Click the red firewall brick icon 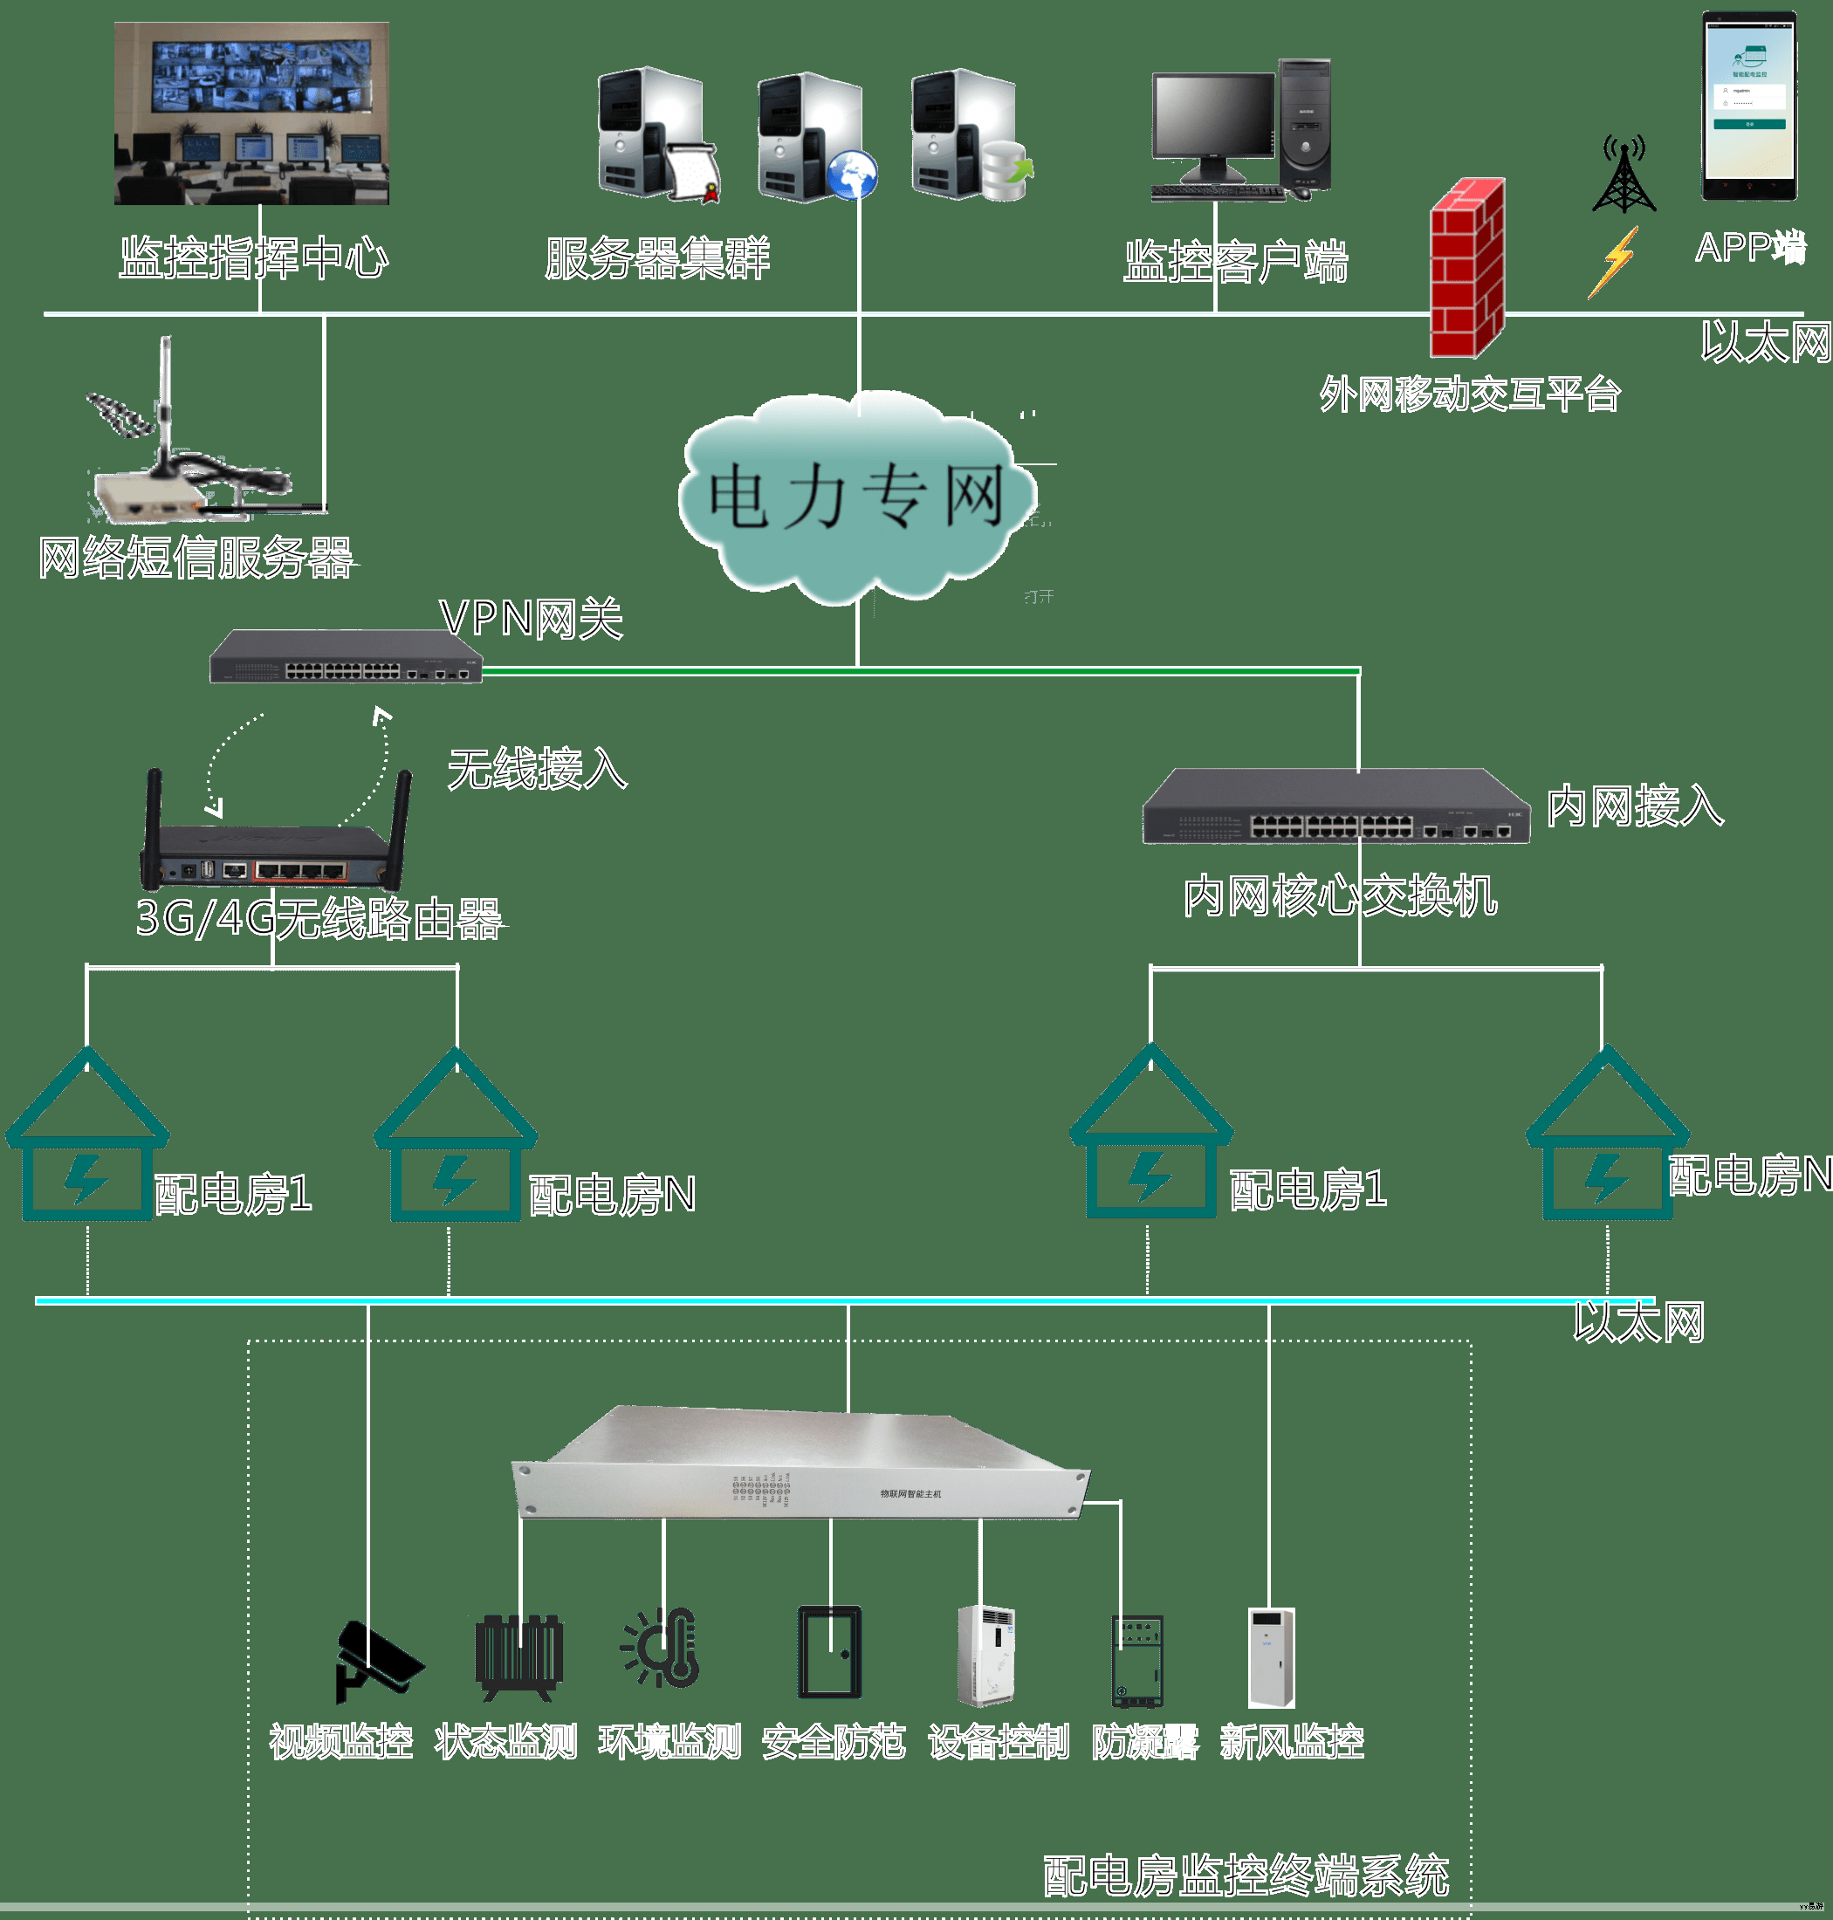(x=1466, y=268)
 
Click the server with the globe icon (x=816, y=138)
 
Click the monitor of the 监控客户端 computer (x=1214, y=118)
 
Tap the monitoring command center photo (x=252, y=113)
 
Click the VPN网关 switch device (x=346, y=656)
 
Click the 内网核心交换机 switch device (x=1335, y=807)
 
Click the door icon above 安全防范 (x=828, y=1652)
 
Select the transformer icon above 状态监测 (x=518, y=1656)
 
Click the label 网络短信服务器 (x=196, y=558)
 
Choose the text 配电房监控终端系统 (x=1246, y=1877)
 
